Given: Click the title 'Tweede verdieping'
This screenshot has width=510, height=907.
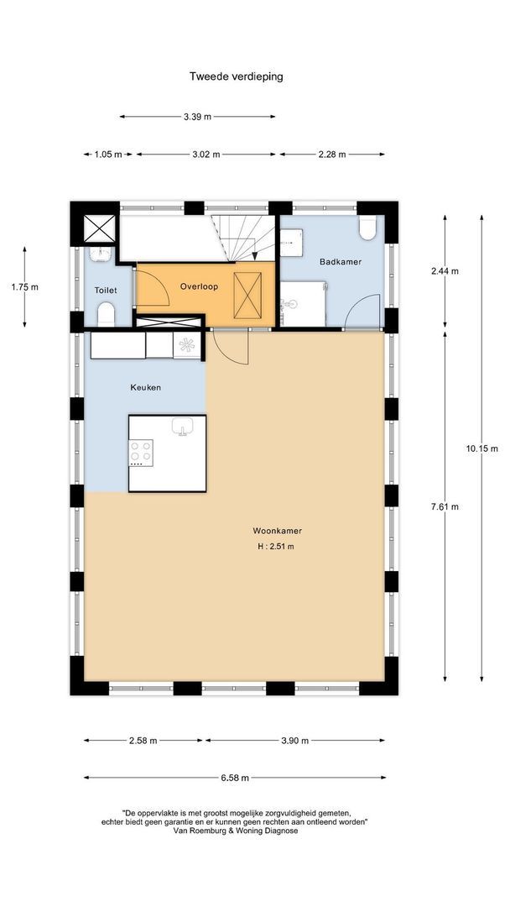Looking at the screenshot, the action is pos(237,76).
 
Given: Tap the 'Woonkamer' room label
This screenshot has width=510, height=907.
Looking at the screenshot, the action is pos(278,531).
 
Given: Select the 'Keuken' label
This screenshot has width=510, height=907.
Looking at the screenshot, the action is pos(146,387).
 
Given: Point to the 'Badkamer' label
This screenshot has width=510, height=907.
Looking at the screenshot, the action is pos(341,261).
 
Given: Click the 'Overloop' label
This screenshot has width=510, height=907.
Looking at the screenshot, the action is pos(199,286).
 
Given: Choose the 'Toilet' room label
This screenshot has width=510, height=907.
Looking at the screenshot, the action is pos(107,291).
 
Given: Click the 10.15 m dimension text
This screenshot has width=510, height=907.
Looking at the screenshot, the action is pos(481,448).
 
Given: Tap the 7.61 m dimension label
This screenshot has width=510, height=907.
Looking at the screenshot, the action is pos(445,506).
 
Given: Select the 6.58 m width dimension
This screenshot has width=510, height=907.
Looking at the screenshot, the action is pos(235,778).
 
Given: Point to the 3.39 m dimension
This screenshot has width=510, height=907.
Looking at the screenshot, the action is pos(197,117).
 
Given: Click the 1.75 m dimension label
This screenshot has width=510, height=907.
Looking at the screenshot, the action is pos(25,287).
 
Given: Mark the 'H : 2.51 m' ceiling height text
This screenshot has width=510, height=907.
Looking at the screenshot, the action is pos(276,547).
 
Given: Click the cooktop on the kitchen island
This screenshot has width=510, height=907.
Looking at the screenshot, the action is pos(141,453).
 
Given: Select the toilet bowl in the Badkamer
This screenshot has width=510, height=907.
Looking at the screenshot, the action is pos(367,228).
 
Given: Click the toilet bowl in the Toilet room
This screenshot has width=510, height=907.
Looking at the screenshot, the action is pos(107,316).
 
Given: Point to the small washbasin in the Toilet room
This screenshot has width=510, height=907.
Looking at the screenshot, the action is pos(101,253).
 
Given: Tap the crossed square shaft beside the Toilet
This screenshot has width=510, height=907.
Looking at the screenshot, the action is pos(99,228).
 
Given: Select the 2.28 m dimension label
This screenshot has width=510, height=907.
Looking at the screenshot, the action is pos(332,155).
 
